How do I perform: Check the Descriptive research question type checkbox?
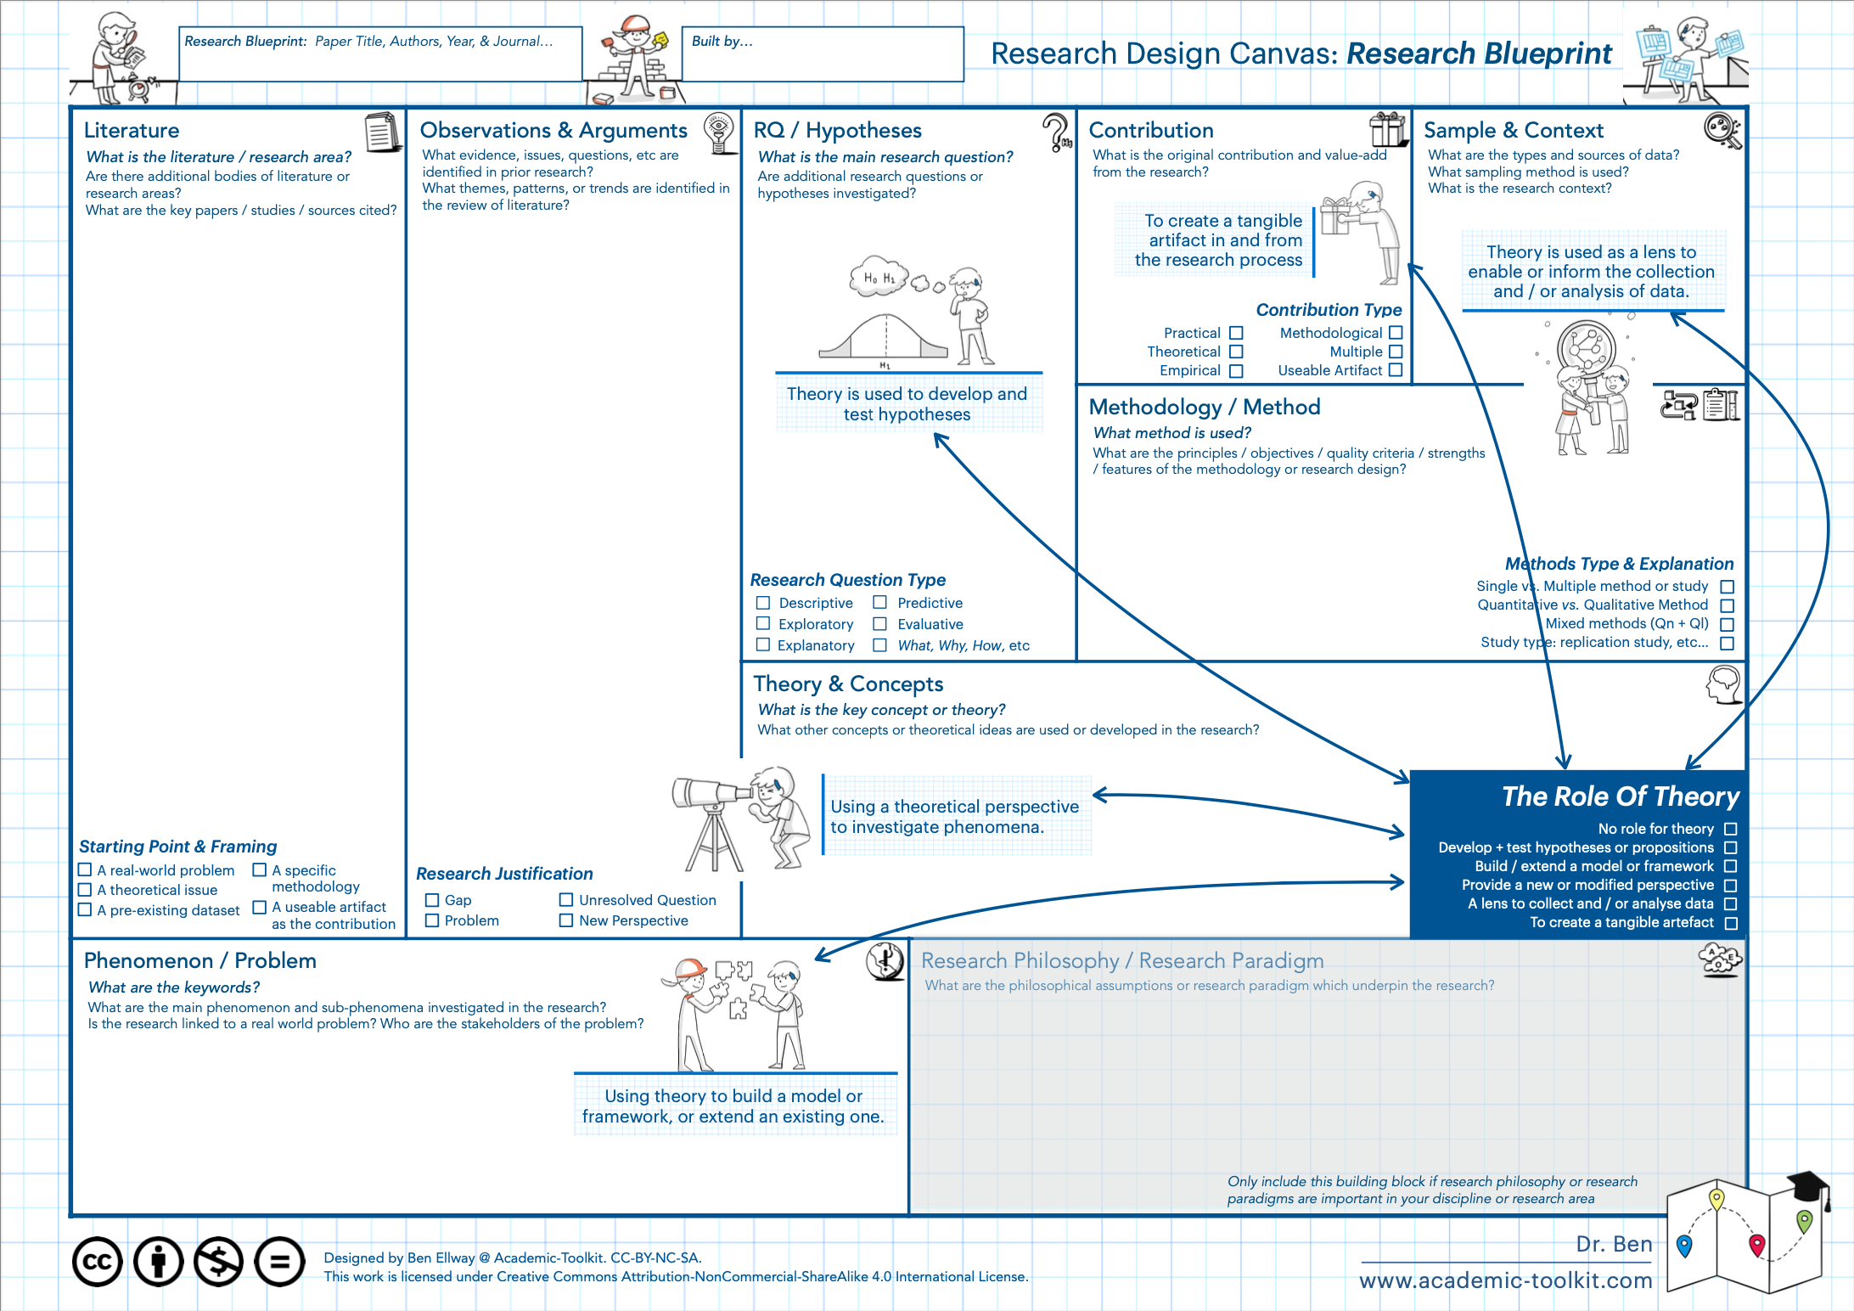point(763,603)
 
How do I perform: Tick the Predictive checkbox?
point(880,602)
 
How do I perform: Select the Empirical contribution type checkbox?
point(1236,371)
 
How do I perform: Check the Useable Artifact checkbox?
point(1396,370)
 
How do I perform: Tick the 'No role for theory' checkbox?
point(1731,829)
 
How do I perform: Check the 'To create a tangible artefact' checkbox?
point(1731,923)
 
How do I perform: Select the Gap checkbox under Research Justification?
point(432,900)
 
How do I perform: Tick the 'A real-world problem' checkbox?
point(85,870)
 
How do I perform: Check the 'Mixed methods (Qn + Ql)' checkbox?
point(1727,624)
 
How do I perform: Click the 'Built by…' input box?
point(822,54)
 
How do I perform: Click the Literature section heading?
point(132,130)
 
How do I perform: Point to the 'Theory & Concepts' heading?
point(847,684)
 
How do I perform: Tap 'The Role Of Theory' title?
point(1620,796)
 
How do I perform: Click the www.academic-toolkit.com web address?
point(1505,1280)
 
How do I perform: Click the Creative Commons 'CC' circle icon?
point(97,1262)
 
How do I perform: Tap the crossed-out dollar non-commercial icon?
point(219,1262)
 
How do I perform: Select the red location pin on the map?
point(1757,1245)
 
